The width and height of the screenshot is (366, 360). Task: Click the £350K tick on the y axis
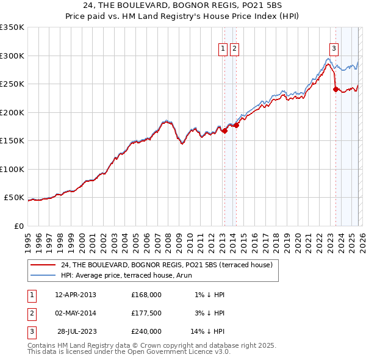12,27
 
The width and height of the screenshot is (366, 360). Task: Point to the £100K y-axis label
12,169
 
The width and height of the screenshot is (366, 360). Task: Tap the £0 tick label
18,226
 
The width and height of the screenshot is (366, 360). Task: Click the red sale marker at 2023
335,89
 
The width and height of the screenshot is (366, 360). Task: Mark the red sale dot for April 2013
224,130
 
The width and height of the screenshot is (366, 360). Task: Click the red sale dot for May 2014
236,125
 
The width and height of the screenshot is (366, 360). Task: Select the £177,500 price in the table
146,313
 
